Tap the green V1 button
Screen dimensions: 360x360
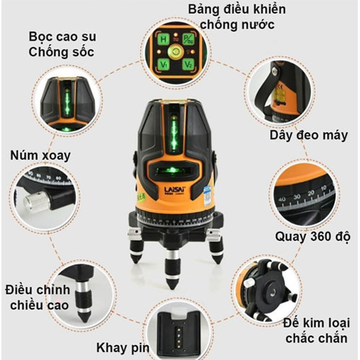tap(164, 64)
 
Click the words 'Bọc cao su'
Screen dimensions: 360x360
tap(60, 36)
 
